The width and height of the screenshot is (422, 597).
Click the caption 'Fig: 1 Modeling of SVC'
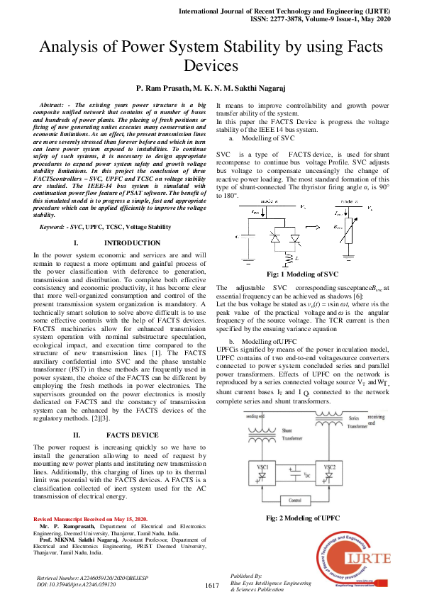coord(301,274)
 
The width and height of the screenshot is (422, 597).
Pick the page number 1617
coord(211,586)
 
